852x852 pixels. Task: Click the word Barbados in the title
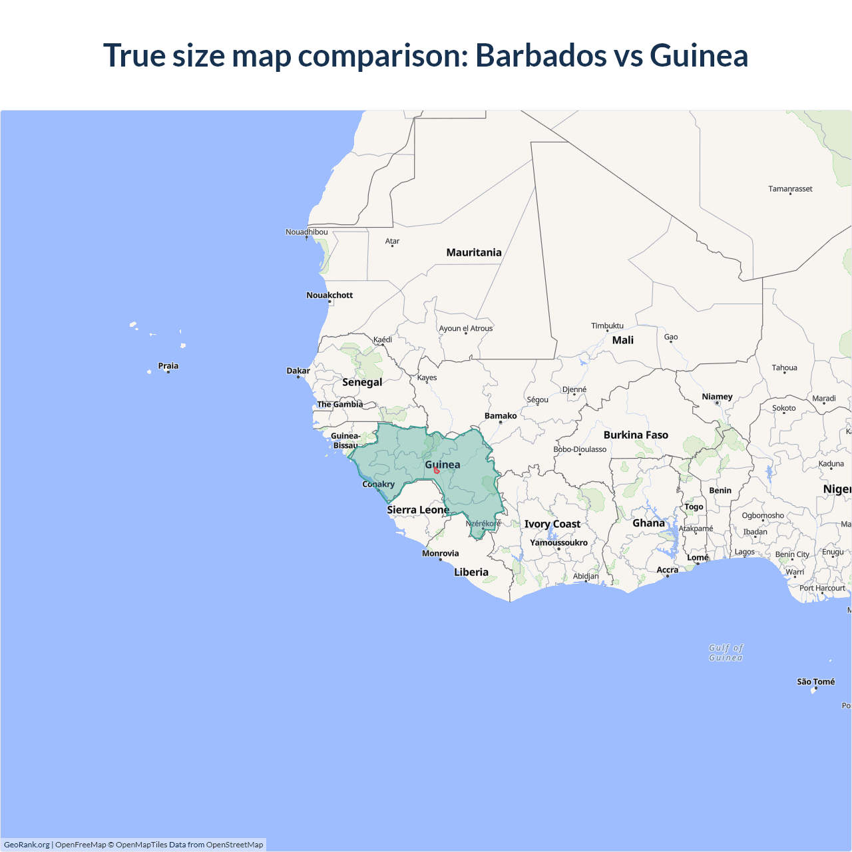(540, 55)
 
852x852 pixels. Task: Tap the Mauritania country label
(473, 252)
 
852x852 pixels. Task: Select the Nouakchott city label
(329, 295)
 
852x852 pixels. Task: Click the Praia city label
(168, 365)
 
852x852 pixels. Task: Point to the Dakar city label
(298, 371)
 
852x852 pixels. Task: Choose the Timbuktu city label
(607, 325)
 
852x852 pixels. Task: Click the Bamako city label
(501, 415)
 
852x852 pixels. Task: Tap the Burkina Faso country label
(636, 435)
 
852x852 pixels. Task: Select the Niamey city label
(717, 396)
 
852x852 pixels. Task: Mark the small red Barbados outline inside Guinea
(436, 470)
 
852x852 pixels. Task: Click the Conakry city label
(378, 484)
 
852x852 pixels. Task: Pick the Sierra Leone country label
(418, 509)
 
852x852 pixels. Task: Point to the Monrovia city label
(440, 553)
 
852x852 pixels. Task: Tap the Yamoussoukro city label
(558, 542)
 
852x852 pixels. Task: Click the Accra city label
(667, 570)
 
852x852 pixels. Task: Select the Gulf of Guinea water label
(726, 652)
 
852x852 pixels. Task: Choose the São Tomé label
(815, 682)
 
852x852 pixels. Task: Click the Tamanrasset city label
(790, 188)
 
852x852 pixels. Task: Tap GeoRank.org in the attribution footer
(27, 845)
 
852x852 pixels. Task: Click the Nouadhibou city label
(306, 232)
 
